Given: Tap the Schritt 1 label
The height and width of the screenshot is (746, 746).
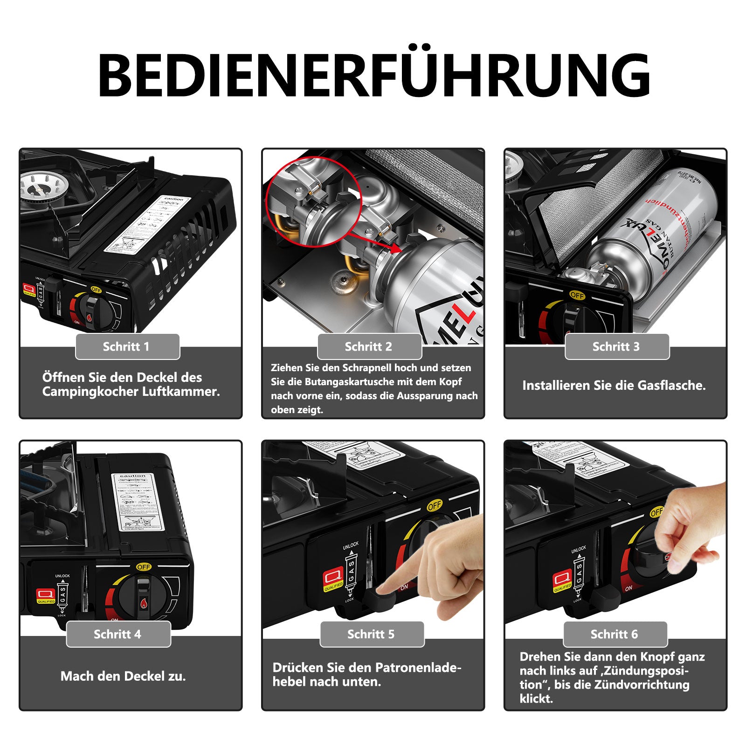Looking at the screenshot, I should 127,346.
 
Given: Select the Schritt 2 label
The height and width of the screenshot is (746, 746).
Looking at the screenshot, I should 368,346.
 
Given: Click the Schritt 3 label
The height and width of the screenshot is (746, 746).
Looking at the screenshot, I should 616,346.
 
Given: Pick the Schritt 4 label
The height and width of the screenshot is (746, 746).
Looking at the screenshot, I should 117,634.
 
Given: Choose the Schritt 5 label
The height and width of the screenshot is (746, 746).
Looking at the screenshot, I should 371,634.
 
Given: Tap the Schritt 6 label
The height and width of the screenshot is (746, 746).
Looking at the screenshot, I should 614,634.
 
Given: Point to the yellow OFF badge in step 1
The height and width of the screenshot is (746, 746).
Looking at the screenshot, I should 96,290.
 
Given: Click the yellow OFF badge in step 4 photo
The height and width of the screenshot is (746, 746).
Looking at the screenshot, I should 144,567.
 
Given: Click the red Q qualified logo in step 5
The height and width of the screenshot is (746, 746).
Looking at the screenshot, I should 333,580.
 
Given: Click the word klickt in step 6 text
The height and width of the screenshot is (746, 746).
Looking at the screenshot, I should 536,698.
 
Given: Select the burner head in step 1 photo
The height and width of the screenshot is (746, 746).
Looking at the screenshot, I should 37,189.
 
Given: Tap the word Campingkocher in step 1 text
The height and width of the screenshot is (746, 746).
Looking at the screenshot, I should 90,392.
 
